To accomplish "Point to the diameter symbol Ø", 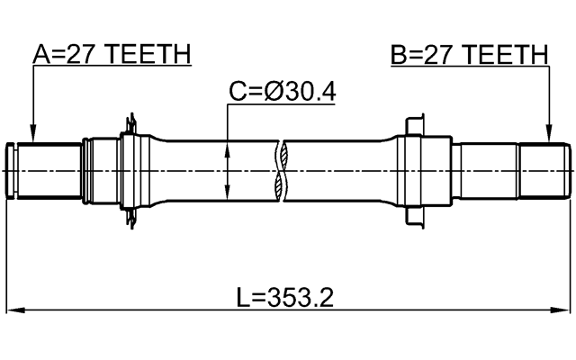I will pos(274,91).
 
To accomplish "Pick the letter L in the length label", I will pos(244,298).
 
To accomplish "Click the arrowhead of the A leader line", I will pos(32,134).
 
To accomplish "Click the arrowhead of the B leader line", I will pos(548,134).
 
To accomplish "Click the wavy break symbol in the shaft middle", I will pos(284,168).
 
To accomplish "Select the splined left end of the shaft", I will pos(45,168).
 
